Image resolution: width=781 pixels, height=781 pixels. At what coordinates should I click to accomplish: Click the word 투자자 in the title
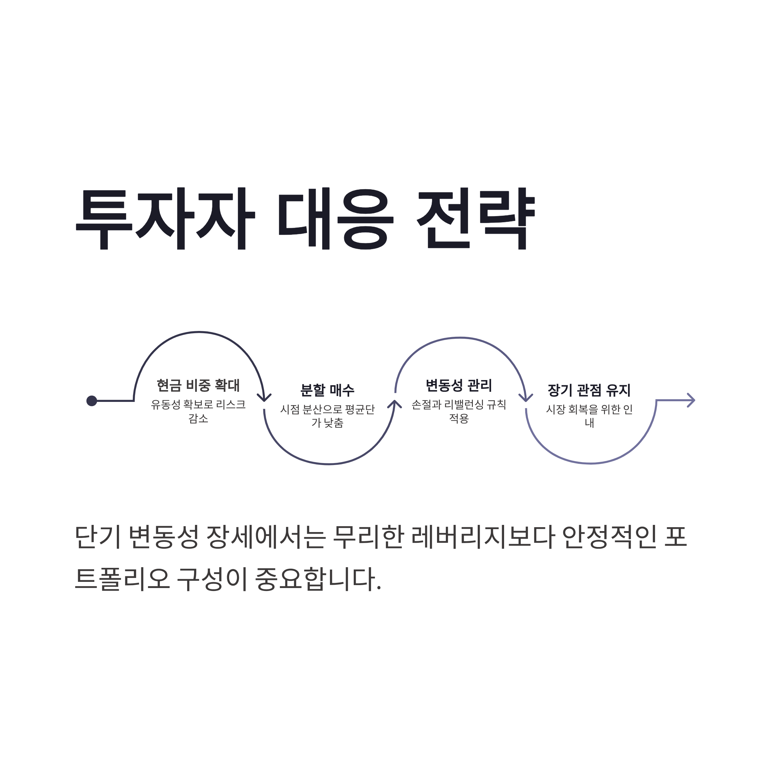click(x=165, y=218)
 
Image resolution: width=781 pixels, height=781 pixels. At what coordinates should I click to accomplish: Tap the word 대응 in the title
click(x=336, y=218)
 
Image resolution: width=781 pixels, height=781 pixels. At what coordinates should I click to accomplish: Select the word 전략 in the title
click(x=475, y=218)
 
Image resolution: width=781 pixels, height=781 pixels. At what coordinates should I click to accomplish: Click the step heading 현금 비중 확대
click(x=198, y=385)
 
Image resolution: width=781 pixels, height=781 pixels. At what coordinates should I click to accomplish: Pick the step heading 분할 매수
click(x=327, y=390)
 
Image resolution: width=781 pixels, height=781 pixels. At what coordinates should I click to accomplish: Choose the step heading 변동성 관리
click(x=459, y=385)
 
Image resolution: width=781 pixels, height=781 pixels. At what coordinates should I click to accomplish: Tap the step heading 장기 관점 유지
click(x=589, y=390)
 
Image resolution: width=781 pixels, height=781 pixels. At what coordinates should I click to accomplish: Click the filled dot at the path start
click(x=92, y=401)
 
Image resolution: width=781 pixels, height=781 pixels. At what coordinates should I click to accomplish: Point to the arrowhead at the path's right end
click(x=691, y=400)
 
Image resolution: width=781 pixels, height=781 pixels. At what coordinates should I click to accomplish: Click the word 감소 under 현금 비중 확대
click(x=198, y=418)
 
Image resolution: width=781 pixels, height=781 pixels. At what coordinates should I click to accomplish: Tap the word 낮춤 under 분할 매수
click(x=334, y=423)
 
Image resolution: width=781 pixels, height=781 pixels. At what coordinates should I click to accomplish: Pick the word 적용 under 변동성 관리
click(x=459, y=418)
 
